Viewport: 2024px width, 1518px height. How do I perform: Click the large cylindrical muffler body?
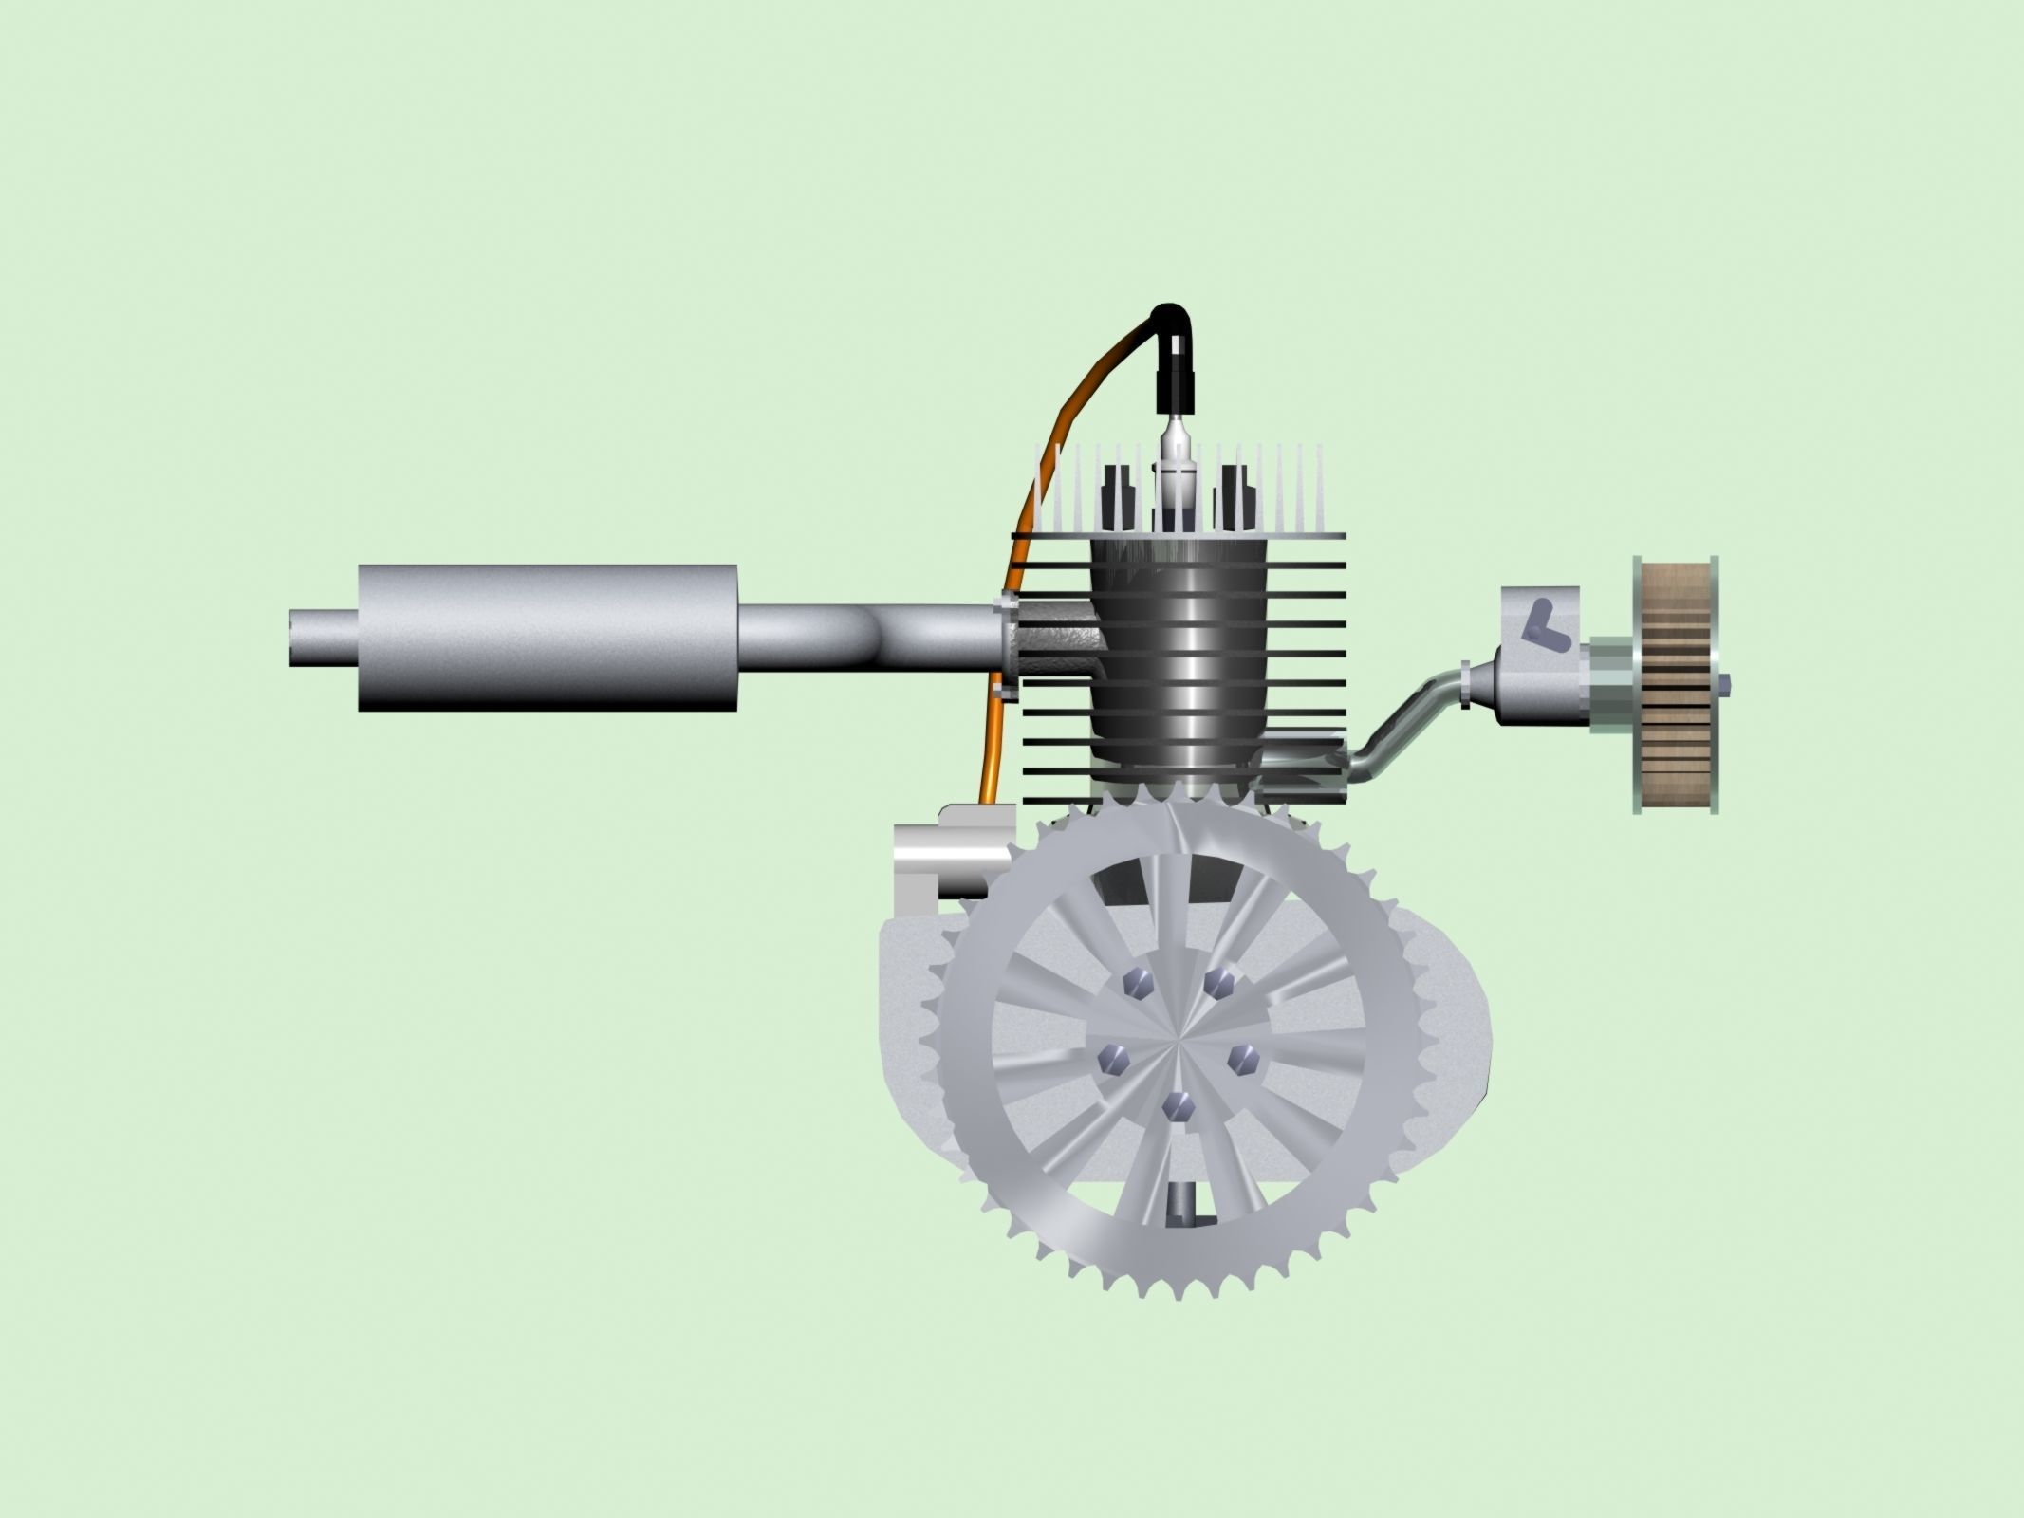point(548,638)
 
